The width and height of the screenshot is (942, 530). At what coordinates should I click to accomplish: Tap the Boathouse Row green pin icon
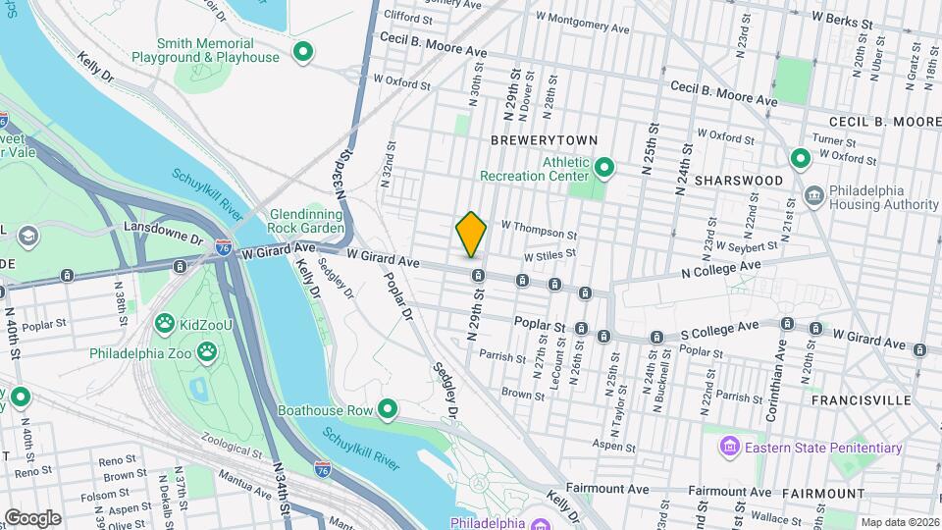point(389,409)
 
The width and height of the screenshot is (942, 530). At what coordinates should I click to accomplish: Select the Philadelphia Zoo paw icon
point(207,350)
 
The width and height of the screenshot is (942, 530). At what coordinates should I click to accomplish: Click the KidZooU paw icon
point(165,322)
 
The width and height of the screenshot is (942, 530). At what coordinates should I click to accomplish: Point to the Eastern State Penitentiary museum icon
point(729,449)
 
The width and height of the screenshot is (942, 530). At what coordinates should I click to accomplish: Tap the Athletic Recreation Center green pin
point(605,169)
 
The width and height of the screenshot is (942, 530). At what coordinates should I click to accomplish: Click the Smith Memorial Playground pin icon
point(304,51)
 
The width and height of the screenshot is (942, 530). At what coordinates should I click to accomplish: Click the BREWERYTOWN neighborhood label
point(530,141)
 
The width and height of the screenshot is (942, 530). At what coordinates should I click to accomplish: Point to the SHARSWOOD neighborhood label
point(739,181)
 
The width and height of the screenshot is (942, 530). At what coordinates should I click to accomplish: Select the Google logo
point(32,517)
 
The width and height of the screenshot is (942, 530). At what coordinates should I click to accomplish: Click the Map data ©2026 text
point(898,521)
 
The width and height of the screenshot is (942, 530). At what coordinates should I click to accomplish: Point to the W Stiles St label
point(549,254)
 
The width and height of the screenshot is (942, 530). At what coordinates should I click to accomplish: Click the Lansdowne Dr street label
point(164,228)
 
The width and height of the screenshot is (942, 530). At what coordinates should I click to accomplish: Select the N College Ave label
point(724,266)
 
